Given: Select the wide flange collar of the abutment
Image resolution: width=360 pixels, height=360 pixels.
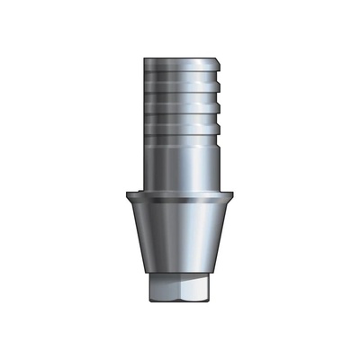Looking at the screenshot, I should [180, 196].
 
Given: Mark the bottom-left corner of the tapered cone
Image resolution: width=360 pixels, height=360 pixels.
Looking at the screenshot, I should [139, 274].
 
